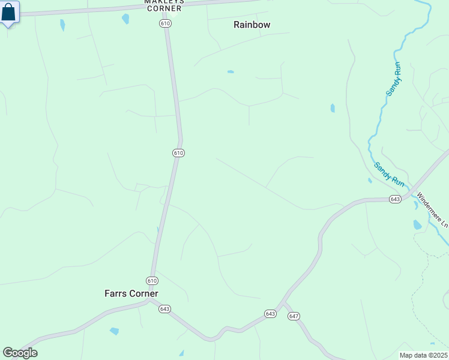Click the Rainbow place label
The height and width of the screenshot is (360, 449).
coord(252,25)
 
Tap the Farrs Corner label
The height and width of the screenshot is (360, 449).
coord(131,293)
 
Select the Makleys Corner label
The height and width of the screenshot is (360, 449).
coord(164,5)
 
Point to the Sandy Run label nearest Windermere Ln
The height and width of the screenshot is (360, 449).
coord(390,173)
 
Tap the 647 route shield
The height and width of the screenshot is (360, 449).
coord(294,316)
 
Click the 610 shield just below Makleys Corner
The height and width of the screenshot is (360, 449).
coord(166,23)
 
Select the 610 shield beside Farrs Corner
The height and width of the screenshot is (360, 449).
coord(152,280)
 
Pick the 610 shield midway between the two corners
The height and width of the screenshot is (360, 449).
coord(178,153)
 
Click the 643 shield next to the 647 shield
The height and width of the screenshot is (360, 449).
coord(270,314)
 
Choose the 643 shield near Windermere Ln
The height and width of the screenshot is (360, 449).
coord(394,199)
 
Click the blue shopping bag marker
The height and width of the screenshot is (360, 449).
coord(9,13)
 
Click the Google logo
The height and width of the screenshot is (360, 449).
coord(19,353)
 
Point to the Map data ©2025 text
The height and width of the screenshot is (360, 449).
coord(423,355)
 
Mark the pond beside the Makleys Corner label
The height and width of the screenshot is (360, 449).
coord(125,19)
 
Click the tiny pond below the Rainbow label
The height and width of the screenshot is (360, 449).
coord(231,72)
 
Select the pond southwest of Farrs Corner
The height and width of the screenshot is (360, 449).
coord(114,331)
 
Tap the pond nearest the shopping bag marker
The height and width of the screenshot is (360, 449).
coord(62,25)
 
